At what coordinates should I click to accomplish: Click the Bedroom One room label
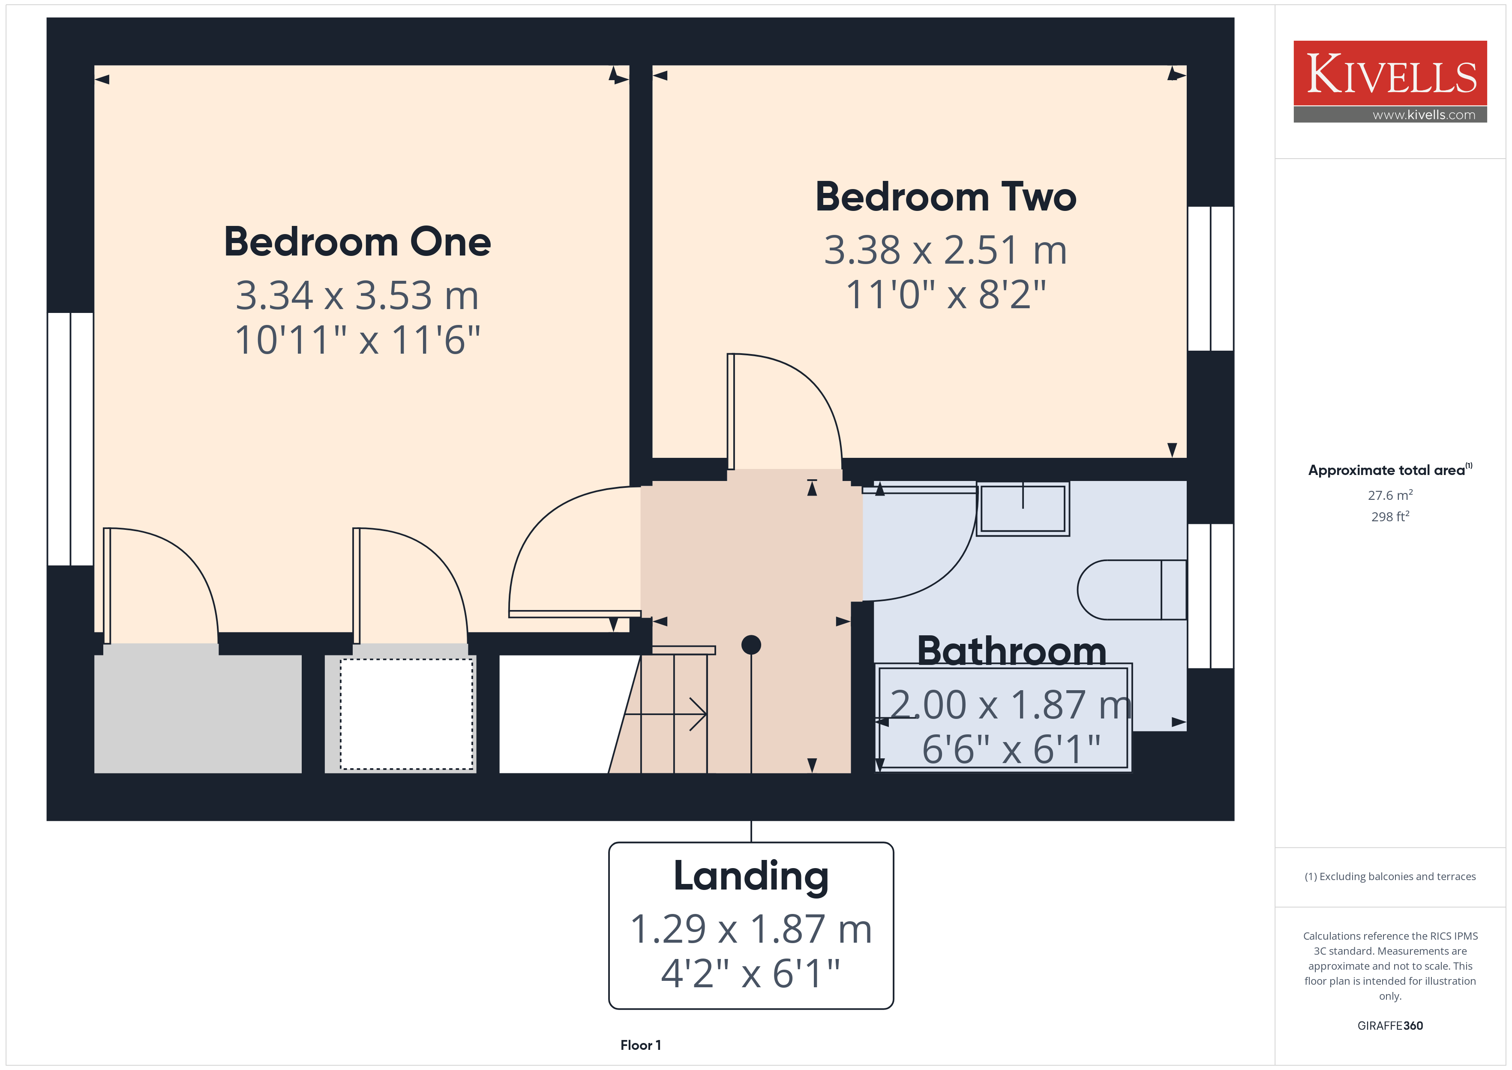(357, 242)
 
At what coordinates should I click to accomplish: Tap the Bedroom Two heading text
(946, 197)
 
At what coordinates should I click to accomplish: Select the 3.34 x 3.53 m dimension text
(357, 295)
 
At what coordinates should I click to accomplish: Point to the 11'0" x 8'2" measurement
(946, 295)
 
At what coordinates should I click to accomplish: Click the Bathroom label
(1011, 651)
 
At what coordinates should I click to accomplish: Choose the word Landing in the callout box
(751, 876)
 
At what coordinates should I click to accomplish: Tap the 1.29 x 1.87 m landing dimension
(751, 929)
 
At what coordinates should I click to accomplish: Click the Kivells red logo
(1390, 73)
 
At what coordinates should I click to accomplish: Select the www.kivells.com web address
(1424, 114)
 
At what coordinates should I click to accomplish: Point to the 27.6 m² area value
(1390, 495)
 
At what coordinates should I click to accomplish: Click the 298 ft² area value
(1390, 517)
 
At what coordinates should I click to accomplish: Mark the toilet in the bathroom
(1132, 590)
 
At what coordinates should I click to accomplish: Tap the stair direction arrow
(665, 714)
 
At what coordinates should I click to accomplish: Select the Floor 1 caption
(641, 1045)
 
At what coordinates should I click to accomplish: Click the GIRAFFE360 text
(1390, 1026)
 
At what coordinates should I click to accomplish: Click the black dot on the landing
(751, 644)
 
